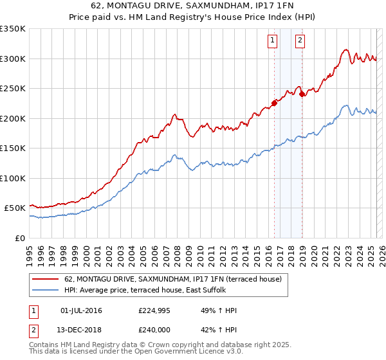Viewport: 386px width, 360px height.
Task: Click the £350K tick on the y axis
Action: click(13, 29)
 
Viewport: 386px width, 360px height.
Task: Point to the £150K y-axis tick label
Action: click(13, 148)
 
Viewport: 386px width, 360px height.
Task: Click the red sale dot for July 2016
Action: click(274, 102)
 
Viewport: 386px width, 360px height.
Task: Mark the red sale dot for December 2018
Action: click(302, 94)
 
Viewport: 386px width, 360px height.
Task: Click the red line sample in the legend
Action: click(46, 280)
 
